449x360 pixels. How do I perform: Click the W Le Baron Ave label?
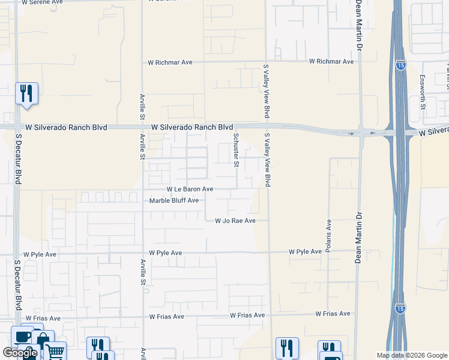coord(190,189)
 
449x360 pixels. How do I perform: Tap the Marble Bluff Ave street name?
coord(173,200)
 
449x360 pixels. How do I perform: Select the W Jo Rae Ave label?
coord(235,221)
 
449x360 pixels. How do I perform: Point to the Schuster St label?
coord(236,150)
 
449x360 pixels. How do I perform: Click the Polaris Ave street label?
coord(329,235)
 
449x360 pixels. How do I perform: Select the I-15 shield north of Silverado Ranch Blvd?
coord(400,65)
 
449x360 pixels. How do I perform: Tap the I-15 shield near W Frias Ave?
coord(400,308)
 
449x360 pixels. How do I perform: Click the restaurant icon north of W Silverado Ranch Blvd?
coord(26,94)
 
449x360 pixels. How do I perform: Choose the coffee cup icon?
coord(23,337)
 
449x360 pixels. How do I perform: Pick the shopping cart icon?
coord(55,352)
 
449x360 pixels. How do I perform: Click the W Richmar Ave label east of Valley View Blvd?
coord(331,62)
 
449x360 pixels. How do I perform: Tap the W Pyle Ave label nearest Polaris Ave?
coord(305,252)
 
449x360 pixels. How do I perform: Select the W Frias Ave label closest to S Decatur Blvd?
coord(43,319)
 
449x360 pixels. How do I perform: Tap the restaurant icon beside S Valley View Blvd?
coord(287,348)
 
